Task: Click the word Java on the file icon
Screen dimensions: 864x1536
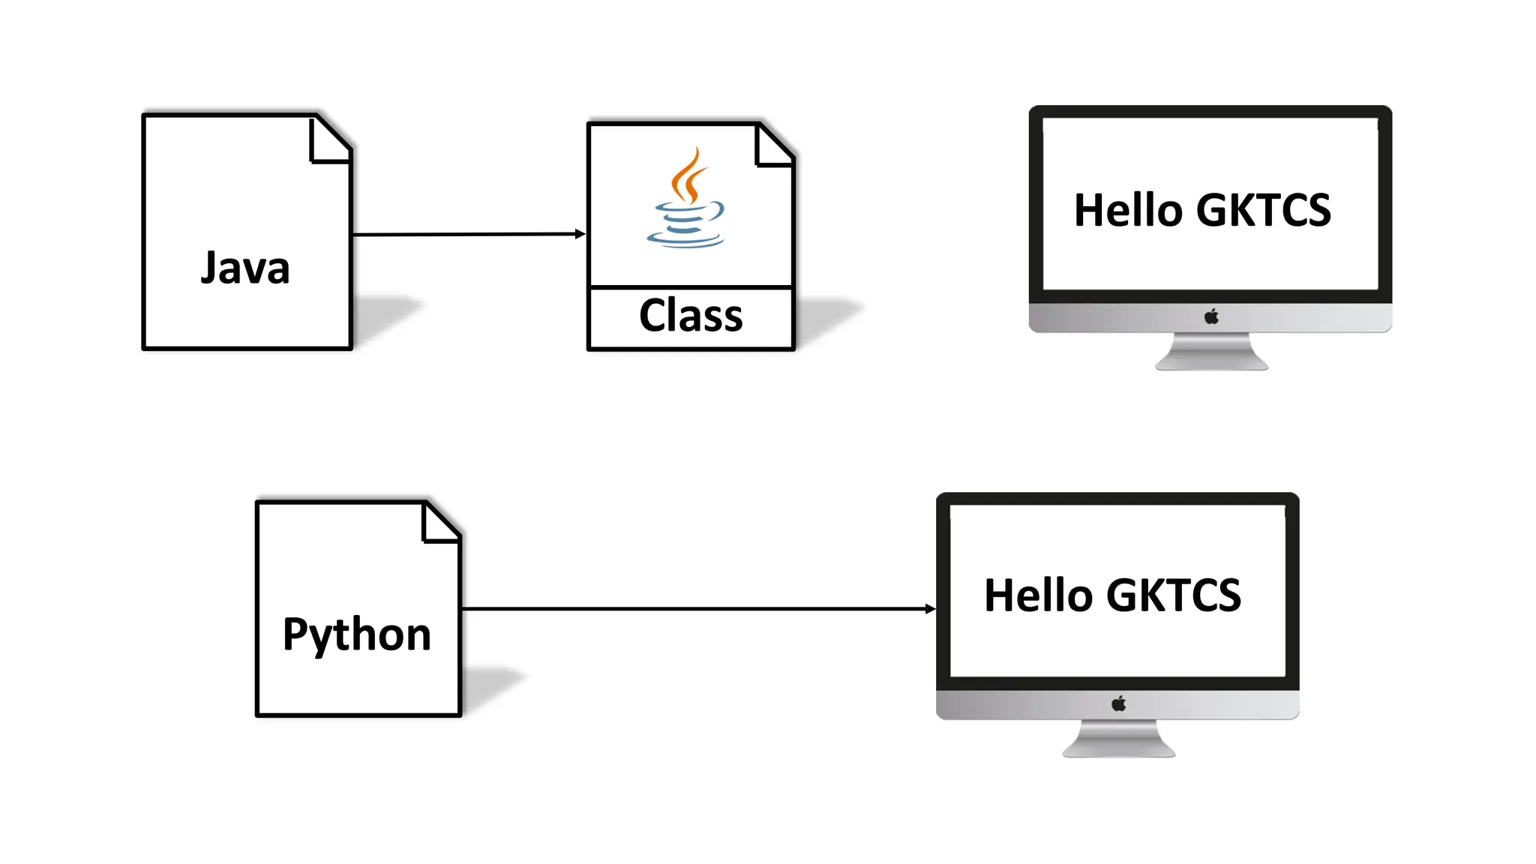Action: [245, 268]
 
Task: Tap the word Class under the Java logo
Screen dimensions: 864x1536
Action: [691, 315]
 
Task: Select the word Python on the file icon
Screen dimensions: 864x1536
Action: [357, 634]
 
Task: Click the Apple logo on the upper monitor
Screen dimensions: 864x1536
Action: [1211, 316]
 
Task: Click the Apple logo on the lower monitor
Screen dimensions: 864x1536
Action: [1118, 703]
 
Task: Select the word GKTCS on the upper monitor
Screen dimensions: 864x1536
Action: [1264, 210]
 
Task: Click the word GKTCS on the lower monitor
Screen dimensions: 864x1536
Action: [1174, 595]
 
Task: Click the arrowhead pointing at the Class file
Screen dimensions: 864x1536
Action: [580, 234]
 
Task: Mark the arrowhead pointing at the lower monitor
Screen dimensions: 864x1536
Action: [930, 609]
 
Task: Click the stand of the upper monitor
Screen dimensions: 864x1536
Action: [1211, 352]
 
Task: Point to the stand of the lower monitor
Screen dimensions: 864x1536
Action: [1118, 739]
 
